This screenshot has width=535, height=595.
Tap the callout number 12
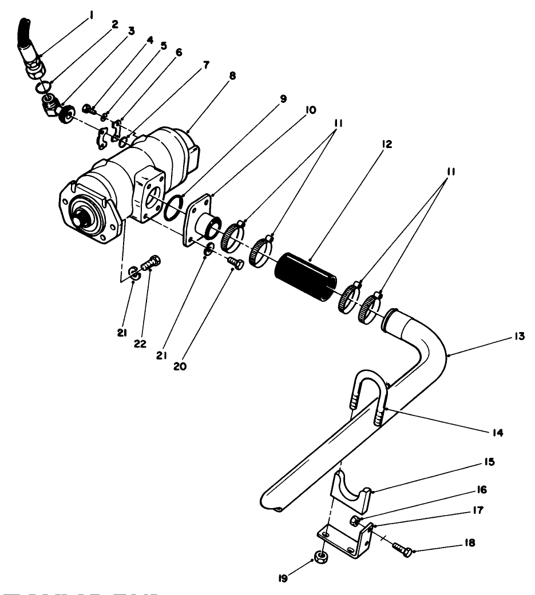tap(387, 145)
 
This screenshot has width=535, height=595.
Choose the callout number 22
tap(140, 344)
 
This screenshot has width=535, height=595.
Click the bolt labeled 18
tap(401, 547)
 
